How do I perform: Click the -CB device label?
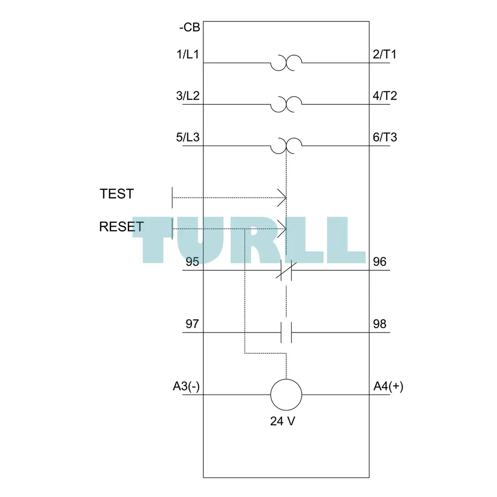[189, 27]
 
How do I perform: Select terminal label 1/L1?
[188, 55]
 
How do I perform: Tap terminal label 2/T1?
[385, 55]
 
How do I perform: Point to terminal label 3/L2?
[188, 96]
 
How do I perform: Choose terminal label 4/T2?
[385, 96]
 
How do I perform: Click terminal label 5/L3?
[188, 137]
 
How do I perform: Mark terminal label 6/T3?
[385, 137]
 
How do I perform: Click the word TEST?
[117, 194]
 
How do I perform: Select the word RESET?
[121, 227]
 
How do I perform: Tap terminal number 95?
[192, 262]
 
